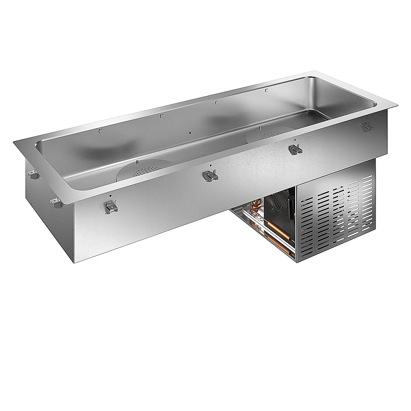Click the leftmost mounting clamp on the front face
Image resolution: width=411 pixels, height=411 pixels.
point(111,206)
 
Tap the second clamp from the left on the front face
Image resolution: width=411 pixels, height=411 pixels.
point(210,176)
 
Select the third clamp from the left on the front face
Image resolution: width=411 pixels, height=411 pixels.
point(295,150)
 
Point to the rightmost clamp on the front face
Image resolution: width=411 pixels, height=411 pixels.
point(367,127)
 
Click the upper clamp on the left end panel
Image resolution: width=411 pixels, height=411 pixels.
point(33,175)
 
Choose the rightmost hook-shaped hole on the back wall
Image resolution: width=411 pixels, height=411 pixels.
point(267,89)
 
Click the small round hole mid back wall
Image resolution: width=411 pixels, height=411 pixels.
point(189,132)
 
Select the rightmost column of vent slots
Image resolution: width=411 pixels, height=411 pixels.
point(368,204)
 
